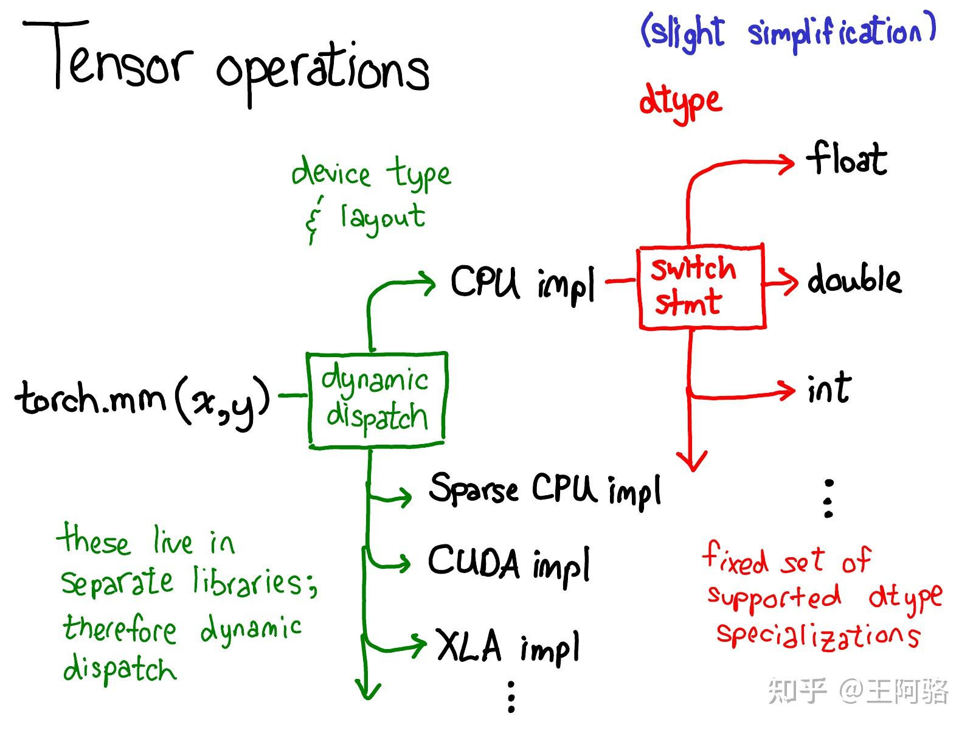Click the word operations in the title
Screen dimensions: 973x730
(x=323, y=73)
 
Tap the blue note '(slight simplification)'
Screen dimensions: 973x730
(x=789, y=32)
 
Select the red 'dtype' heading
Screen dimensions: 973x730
(x=680, y=102)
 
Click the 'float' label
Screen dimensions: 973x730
(x=847, y=158)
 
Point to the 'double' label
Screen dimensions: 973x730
(x=854, y=279)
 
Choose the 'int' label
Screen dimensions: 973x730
(x=829, y=388)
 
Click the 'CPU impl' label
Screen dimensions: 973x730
(x=523, y=283)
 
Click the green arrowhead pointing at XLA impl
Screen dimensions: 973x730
(x=418, y=645)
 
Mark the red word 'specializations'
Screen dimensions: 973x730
(x=819, y=636)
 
